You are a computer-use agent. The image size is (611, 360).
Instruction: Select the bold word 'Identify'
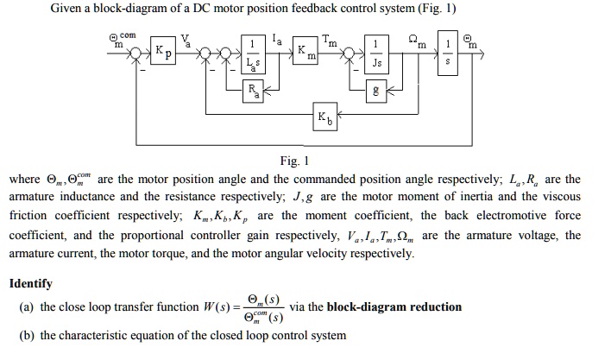(x=30, y=283)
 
